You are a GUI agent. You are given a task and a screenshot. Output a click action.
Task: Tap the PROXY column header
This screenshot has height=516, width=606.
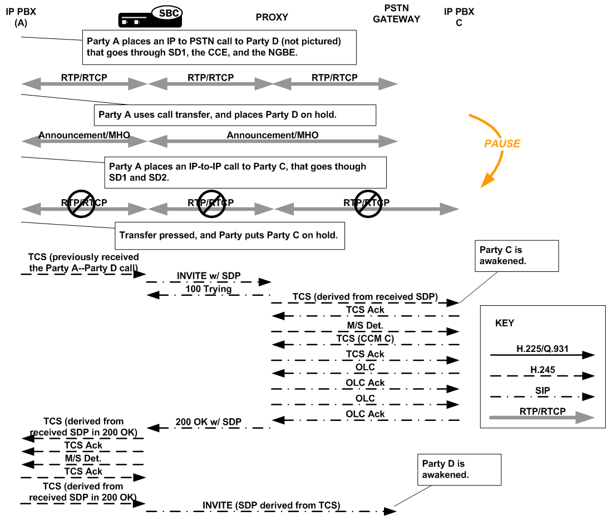[272, 17]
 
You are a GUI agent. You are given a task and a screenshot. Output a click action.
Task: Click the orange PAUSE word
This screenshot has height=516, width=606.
[501, 143]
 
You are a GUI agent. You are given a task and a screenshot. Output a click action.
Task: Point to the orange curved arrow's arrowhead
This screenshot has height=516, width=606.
[485, 180]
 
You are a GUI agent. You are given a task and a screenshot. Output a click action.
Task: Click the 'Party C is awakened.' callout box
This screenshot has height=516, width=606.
[516, 256]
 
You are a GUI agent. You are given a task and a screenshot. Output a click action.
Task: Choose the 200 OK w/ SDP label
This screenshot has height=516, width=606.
[209, 422]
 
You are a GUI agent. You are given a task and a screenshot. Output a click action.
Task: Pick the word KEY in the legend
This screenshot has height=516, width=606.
[504, 323]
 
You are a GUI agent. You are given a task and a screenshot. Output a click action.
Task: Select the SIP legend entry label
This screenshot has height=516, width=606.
[542, 391]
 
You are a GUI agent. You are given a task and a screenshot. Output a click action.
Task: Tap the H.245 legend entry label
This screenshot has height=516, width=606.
[542, 369]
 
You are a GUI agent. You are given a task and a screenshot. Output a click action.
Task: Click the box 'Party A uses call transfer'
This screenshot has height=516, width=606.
[235, 115]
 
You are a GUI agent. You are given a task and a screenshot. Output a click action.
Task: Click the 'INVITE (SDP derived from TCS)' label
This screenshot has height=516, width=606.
[271, 505]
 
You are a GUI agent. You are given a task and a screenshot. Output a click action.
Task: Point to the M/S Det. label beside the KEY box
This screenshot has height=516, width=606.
[364, 324]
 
